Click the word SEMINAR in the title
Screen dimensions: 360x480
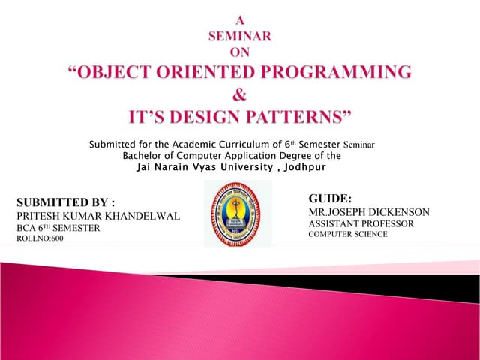coord(239,34)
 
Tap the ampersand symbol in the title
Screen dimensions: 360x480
coord(240,94)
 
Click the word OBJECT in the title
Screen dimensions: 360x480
coord(109,73)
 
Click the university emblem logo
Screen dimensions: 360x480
coord(238,213)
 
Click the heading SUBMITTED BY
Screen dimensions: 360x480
coord(65,202)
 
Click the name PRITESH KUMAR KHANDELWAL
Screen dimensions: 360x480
coord(97,216)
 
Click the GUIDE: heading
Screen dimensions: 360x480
coord(330,199)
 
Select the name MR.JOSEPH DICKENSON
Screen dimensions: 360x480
coord(369,212)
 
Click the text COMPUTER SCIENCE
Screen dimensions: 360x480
coord(348,235)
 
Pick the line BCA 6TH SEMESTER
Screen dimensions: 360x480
coord(58,228)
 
